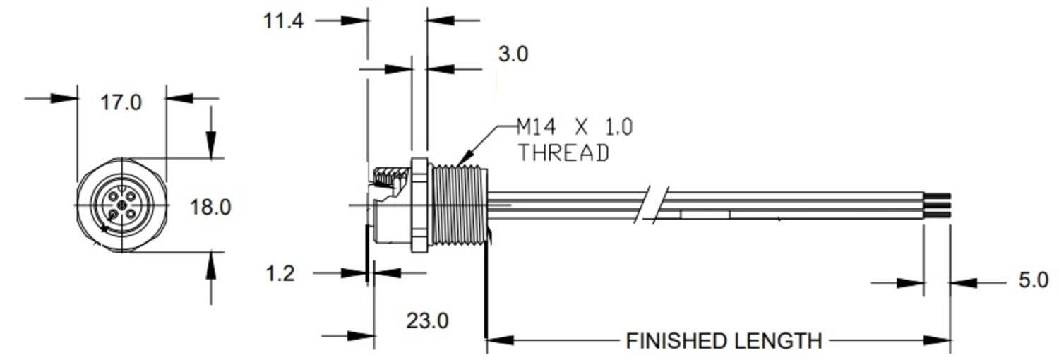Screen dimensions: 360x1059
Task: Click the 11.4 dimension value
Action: coord(283,20)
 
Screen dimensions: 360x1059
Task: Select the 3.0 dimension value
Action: coord(513,54)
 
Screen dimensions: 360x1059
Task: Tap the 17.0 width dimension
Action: coord(121,102)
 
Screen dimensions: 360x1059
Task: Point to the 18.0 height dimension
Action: coord(210,207)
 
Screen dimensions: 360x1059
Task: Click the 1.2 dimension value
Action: coord(280,273)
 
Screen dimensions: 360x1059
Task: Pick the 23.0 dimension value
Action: coord(427,321)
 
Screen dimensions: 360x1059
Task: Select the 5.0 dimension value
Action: coord(1033,280)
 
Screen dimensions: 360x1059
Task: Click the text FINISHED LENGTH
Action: coord(724,341)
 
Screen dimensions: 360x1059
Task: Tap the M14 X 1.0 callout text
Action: coord(575,127)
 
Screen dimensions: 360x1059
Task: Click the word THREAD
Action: coord(563,152)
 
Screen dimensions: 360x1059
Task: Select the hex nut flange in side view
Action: coord(419,205)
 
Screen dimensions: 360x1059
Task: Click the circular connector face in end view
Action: coord(121,205)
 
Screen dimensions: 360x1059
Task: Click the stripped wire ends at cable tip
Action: coord(937,205)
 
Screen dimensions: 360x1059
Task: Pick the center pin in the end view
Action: coord(121,205)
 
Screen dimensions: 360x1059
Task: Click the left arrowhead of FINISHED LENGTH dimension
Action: coord(498,340)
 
